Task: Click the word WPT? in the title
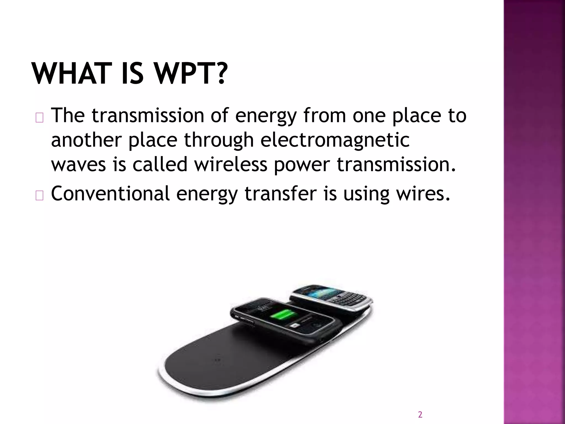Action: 191,73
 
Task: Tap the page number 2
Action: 420,414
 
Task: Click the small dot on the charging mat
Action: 218,360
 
